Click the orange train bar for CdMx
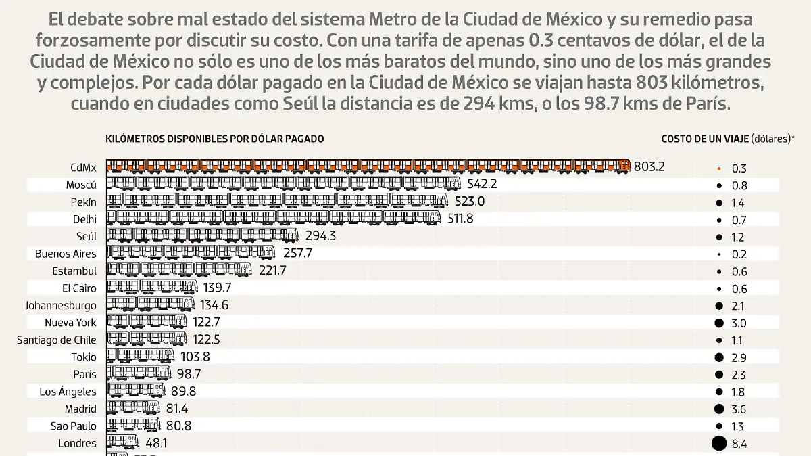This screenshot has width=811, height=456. click(368, 166)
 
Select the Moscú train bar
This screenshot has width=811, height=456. click(285, 184)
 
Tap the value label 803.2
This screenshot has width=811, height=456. click(649, 166)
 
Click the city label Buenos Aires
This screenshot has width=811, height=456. click(66, 254)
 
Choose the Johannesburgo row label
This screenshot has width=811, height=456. click(61, 305)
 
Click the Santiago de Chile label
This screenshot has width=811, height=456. click(57, 340)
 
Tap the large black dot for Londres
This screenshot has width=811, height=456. click(718, 444)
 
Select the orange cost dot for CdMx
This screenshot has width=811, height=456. click(718, 168)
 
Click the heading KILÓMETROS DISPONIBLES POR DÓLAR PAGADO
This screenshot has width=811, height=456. click(215, 139)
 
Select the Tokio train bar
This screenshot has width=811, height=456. click(141, 357)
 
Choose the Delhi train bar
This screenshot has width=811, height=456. click(274, 219)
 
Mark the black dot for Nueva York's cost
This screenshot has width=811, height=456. click(718, 323)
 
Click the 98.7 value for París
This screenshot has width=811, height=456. click(188, 374)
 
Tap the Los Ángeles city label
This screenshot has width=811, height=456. click(68, 391)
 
